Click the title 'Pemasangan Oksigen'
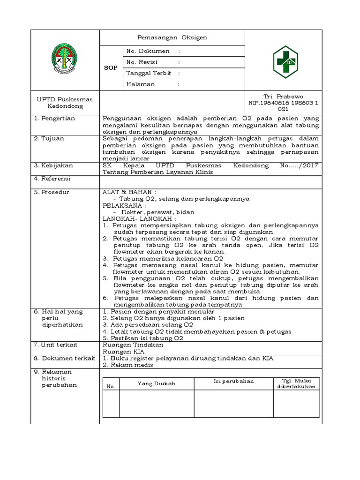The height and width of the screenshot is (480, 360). tap(172, 37)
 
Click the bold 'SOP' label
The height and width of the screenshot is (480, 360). tap(111, 68)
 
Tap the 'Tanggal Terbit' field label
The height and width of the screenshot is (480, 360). tap(149, 73)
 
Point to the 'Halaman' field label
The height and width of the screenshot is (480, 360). tap(140, 84)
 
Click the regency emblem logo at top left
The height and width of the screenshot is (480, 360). tap(65, 59)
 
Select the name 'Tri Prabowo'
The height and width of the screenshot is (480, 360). tap(284, 96)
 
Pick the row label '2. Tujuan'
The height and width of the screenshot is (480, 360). tap(49, 139)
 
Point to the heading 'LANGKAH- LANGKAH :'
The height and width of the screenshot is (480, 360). tap(139, 218)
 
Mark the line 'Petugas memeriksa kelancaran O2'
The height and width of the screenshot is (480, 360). tap(163, 258)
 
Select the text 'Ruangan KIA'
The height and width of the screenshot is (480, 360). tap(123, 351)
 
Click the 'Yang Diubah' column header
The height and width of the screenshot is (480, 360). tap(156, 383)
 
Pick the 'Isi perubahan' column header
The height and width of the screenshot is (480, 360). tap(233, 381)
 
